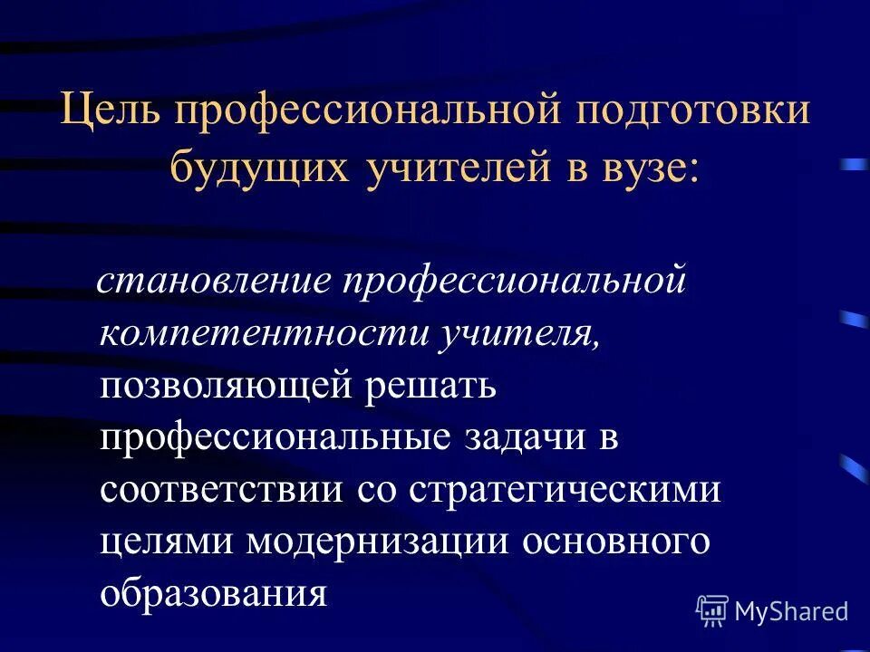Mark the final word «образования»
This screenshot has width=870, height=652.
click(213, 594)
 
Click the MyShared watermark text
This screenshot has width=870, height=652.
click(791, 611)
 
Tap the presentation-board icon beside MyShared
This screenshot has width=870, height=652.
click(711, 610)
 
